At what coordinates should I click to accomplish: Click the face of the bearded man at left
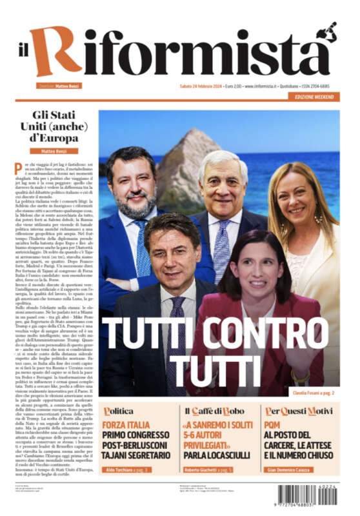pos(132,186)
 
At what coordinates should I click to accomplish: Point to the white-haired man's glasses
pos(225,183)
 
